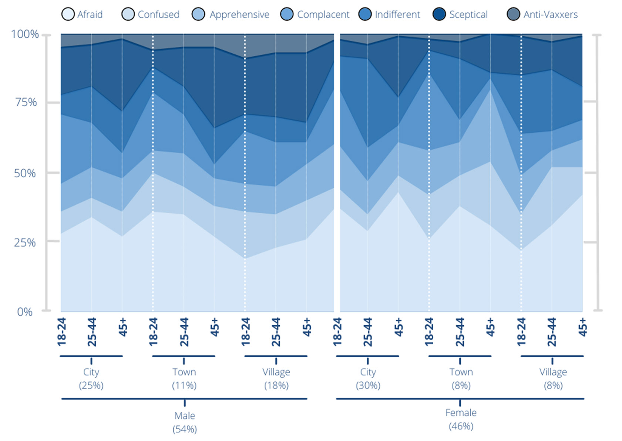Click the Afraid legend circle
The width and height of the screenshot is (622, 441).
[68, 14]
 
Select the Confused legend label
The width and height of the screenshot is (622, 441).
[158, 14]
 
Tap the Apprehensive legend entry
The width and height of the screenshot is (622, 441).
[239, 14]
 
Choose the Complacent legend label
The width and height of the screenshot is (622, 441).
[323, 14]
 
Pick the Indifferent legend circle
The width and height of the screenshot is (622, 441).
[365, 14]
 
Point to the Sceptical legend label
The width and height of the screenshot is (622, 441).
[468, 14]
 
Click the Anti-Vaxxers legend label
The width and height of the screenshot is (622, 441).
[550, 14]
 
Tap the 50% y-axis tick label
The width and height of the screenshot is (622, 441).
[25, 173]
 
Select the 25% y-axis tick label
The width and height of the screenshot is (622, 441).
[25, 243]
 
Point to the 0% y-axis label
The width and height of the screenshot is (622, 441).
[25, 312]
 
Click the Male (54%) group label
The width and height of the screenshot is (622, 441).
[185, 422]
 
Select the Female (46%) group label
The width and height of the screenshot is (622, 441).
[461, 419]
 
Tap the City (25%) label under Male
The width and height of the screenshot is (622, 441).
[91, 378]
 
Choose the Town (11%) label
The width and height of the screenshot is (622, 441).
[184, 378]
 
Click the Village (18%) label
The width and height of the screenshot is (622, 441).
[276, 378]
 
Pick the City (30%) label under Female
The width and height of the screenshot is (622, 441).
[368, 378]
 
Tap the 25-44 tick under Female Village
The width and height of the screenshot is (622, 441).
[552, 332]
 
